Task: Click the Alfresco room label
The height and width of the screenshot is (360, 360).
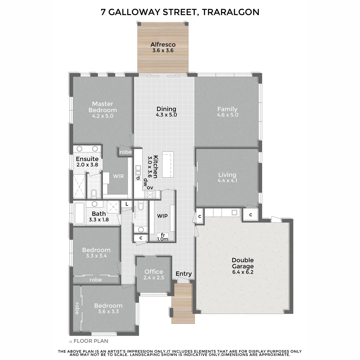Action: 163,44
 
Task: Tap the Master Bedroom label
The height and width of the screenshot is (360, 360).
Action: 103,107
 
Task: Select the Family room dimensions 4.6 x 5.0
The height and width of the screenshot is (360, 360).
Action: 227,115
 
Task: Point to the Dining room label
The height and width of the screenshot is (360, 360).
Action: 166,109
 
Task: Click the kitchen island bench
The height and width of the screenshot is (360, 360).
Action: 168,164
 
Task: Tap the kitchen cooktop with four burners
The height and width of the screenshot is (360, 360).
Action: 150,195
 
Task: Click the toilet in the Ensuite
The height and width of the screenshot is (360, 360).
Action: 94,194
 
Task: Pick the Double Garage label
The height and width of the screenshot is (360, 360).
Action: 243,263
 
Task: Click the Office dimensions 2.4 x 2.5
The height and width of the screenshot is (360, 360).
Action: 154,277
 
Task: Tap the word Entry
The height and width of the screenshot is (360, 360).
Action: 184,274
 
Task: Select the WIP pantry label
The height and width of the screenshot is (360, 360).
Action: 162,216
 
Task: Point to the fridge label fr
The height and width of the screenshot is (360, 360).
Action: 163,235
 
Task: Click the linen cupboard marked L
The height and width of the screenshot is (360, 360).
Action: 127,204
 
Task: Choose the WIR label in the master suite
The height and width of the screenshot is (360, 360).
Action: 118,176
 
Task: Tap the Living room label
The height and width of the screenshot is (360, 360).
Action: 227,175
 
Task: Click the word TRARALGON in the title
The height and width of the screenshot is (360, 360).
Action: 230,12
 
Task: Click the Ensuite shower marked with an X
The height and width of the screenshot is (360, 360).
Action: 79,187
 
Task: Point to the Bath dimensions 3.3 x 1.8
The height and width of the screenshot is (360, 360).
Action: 99,220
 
